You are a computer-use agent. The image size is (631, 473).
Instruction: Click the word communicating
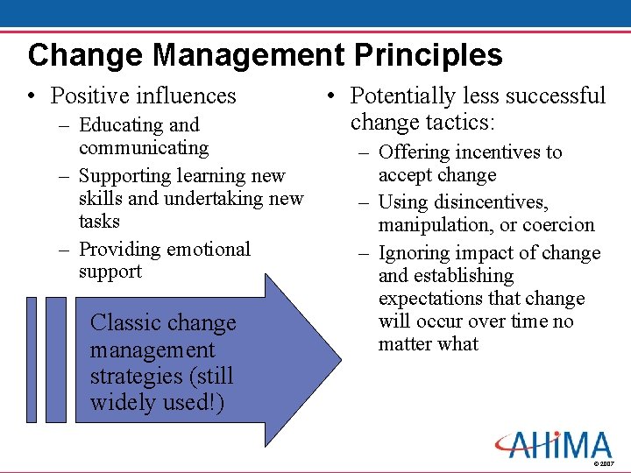[x=144, y=148]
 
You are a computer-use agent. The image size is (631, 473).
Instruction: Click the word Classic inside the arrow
[x=124, y=323]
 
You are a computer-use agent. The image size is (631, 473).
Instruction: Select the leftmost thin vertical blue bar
[x=32, y=359]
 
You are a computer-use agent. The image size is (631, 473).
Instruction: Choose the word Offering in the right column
[x=414, y=152]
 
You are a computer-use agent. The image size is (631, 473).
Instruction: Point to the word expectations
[x=431, y=299]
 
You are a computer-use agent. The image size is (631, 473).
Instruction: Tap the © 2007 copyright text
[x=604, y=463]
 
